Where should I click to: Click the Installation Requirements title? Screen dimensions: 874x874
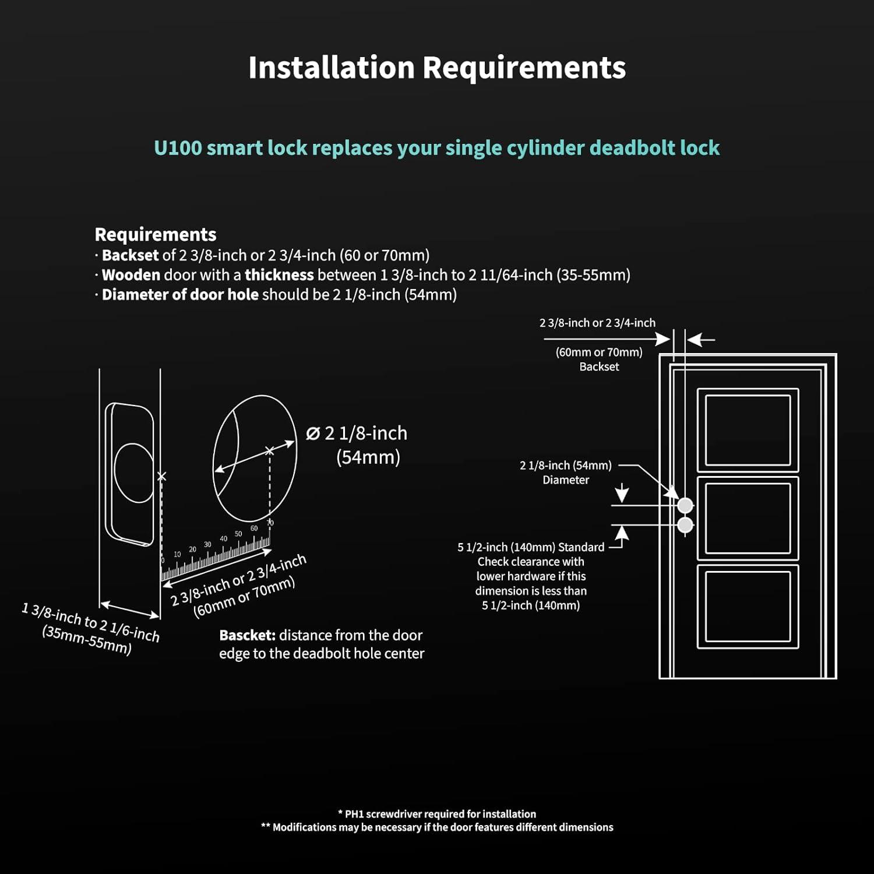437,68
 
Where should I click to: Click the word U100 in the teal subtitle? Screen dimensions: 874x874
178,148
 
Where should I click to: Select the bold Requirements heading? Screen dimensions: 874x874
155,234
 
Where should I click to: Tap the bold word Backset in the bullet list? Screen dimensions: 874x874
130,255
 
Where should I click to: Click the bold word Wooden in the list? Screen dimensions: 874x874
131,275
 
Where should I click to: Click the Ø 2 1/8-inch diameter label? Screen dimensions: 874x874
357,434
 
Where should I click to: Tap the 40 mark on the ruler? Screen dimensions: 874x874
223,539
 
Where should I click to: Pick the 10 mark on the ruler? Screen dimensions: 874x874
177,554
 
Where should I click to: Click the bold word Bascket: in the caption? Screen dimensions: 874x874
247,635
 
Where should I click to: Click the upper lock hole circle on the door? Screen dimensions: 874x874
685,505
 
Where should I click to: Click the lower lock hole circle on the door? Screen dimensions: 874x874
685,525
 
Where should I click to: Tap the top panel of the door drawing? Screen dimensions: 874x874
748,431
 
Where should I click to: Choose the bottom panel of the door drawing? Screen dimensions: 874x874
748,606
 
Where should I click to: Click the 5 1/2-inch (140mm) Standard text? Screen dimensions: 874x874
531,547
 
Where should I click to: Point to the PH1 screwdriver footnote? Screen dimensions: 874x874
437,814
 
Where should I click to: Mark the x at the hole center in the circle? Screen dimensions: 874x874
269,450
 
